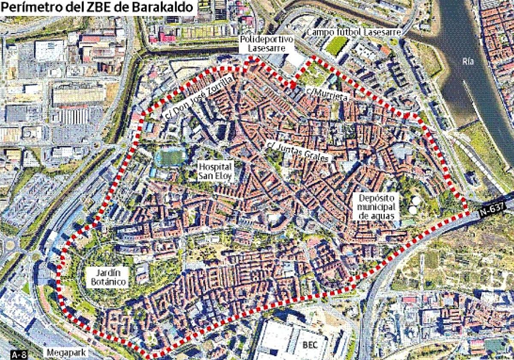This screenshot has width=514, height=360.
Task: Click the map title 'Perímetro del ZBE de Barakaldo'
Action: point(98,7)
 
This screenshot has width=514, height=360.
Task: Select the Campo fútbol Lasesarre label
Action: point(354,33)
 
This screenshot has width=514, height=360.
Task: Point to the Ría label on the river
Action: point(468,61)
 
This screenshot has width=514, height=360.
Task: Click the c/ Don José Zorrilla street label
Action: point(199,97)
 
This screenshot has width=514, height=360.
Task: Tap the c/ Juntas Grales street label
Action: point(299,151)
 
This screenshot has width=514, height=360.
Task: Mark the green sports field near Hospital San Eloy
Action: point(170,157)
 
